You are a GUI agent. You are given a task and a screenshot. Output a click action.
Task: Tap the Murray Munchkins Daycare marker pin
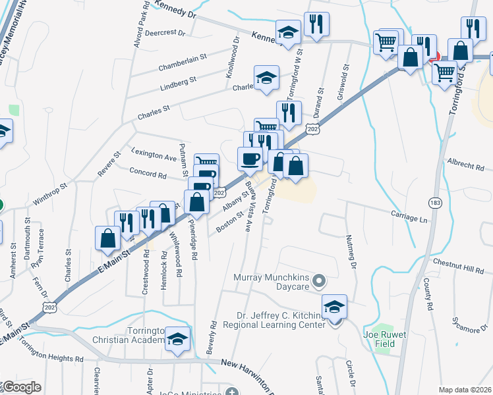pos(320,282)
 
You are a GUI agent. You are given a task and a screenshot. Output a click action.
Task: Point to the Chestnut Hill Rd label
pos(459,266)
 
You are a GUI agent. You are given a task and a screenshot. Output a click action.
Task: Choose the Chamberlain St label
pos(183,61)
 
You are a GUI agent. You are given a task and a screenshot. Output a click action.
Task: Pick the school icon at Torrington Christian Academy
pos(177,338)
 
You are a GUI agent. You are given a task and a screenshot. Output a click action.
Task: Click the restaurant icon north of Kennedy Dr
pos(316,25)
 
